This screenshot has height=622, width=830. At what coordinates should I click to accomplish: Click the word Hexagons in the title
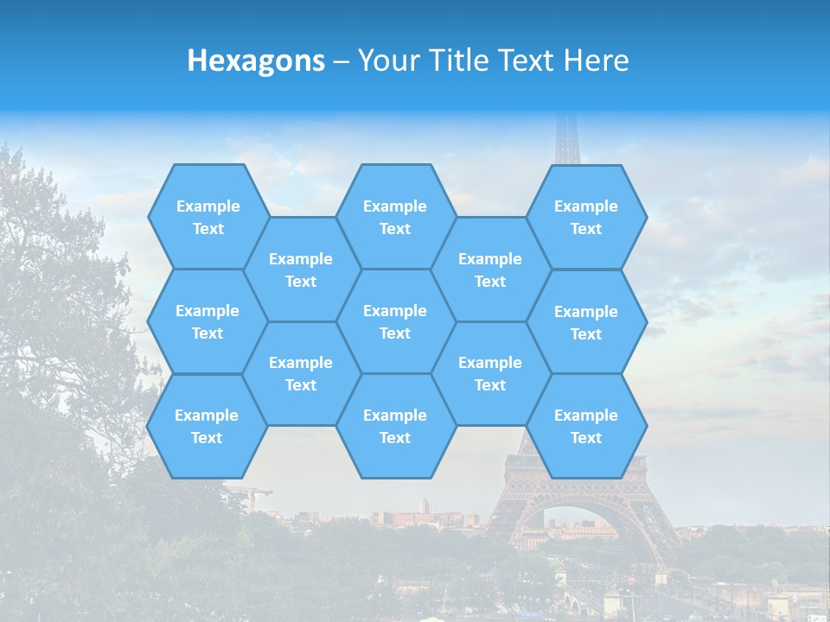pyautogui.click(x=256, y=60)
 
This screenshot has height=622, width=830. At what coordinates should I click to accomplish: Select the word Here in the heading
pyautogui.click(x=596, y=60)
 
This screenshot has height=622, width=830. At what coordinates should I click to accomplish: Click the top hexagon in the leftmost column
pyautogui.click(x=207, y=217)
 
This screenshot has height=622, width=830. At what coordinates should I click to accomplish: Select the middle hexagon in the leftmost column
pyautogui.click(x=207, y=321)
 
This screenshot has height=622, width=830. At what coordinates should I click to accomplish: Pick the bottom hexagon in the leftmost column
pyautogui.click(x=207, y=426)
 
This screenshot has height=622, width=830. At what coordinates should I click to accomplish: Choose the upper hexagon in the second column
pyautogui.click(x=301, y=270)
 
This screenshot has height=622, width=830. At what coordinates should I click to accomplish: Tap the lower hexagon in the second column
pyautogui.click(x=301, y=373)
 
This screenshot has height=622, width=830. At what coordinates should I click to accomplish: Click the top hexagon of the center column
pyautogui.click(x=395, y=217)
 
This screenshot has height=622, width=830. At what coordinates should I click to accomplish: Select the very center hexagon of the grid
pyautogui.click(x=395, y=321)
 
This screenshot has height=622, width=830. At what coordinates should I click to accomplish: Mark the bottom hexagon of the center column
pyautogui.click(x=395, y=426)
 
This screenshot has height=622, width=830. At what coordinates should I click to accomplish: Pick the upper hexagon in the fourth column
pyautogui.click(x=490, y=270)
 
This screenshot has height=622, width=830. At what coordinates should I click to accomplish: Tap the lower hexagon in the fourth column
pyautogui.click(x=490, y=373)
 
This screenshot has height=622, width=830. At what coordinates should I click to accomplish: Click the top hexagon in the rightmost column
pyautogui.click(x=586, y=217)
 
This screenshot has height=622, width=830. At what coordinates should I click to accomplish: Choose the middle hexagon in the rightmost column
pyautogui.click(x=586, y=322)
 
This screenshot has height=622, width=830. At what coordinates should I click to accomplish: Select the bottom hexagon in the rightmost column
pyautogui.click(x=586, y=426)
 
